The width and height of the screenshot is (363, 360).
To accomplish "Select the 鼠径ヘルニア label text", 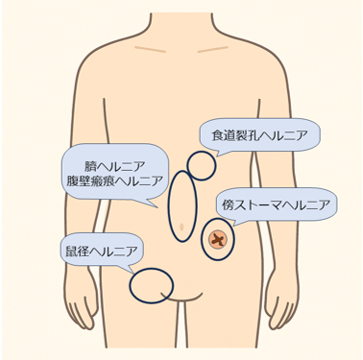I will click(99, 252).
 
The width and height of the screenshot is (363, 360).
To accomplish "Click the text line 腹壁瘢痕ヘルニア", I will click(114, 181).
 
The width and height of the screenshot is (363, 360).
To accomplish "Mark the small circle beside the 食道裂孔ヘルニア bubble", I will click(201, 165).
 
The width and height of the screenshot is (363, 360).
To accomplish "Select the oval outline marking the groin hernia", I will click(150, 284).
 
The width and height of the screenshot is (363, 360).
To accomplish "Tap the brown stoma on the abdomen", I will click(219, 237).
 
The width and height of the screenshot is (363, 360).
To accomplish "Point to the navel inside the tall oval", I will click(181, 226).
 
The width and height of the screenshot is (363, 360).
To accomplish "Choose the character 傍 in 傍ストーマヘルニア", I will click(228, 204).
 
